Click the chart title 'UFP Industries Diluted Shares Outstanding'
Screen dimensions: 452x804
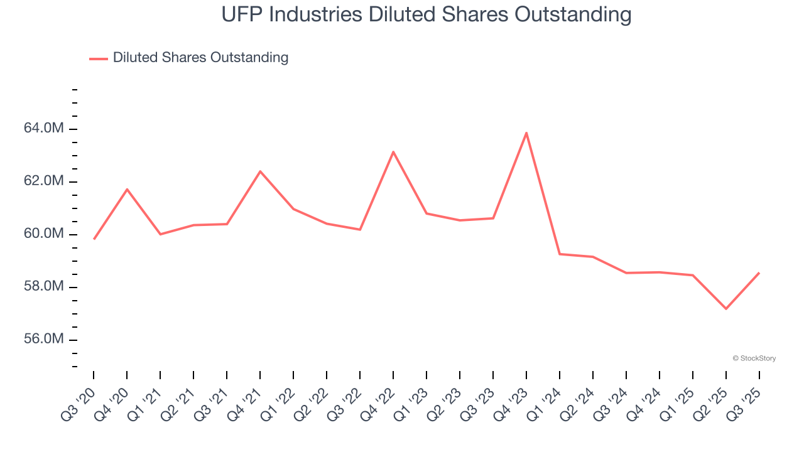click(426, 14)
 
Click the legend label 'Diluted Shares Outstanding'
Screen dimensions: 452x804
click(200, 58)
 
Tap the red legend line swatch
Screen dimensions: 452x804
click(99, 58)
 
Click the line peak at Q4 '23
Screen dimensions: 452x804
click(526, 133)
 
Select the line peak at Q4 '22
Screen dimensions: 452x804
click(393, 152)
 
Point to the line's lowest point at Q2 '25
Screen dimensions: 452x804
click(726, 309)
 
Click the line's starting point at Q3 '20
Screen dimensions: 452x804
click(94, 239)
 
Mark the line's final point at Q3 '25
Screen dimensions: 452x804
click(759, 273)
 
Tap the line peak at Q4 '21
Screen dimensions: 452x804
click(260, 171)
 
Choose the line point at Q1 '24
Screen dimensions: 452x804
click(560, 254)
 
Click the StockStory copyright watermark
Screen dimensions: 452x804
click(754, 358)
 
